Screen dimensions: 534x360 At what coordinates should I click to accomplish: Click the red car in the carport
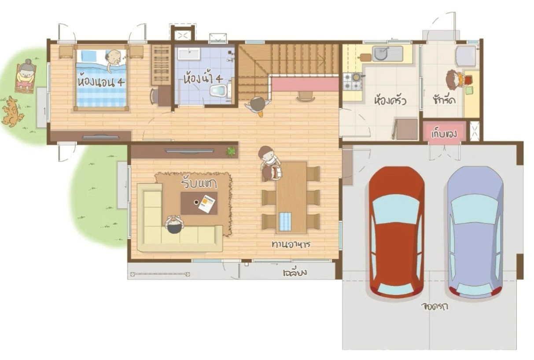tap(396, 232)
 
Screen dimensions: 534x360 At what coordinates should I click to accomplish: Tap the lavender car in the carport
tap(475, 232)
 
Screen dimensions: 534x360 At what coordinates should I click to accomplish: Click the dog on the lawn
tap(12, 111)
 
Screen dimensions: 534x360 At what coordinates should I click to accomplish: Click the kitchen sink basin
tap(381, 54)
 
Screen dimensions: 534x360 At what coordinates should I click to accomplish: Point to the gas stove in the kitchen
tap(353, 82)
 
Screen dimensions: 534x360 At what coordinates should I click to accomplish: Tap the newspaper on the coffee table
tap(206, 204)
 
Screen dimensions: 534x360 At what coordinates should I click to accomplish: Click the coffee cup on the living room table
tap(196, 202)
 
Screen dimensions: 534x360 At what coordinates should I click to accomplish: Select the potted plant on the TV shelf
tap(231, 151)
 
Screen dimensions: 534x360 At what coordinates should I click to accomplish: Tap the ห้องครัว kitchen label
tap(390, 100)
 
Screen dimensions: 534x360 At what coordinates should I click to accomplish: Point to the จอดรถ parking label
tap(435, 306)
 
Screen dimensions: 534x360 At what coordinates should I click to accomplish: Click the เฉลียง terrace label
tap(295, 272)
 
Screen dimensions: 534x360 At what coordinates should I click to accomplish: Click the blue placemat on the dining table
tap(285, 221)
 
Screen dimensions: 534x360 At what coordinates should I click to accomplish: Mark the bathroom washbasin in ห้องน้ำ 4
tap(189, 54)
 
